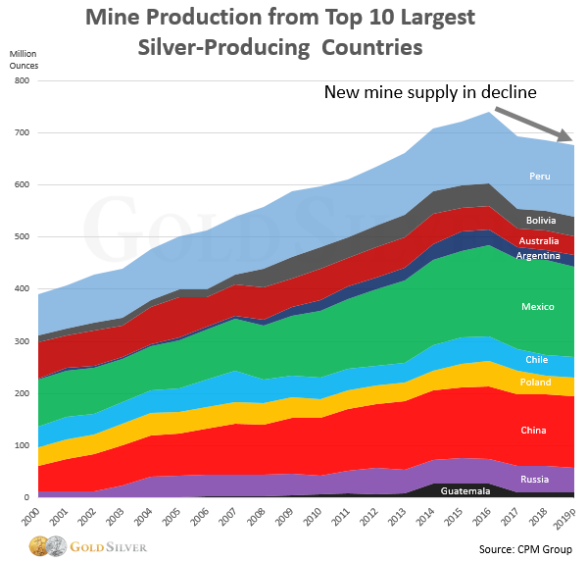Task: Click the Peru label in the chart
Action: coord(539,176)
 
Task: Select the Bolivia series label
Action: coord(541,221)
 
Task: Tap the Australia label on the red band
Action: coord(538,240)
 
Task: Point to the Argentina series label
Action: coord(538,256)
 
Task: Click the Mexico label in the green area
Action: coord(538,307)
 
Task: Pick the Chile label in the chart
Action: coord(537,360)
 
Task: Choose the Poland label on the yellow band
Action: coord(537,383)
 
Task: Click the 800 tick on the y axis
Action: coord(21,80)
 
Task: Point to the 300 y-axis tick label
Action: coord(21,341)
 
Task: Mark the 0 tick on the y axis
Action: coord(26,497)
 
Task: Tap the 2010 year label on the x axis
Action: coord(314,514)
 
